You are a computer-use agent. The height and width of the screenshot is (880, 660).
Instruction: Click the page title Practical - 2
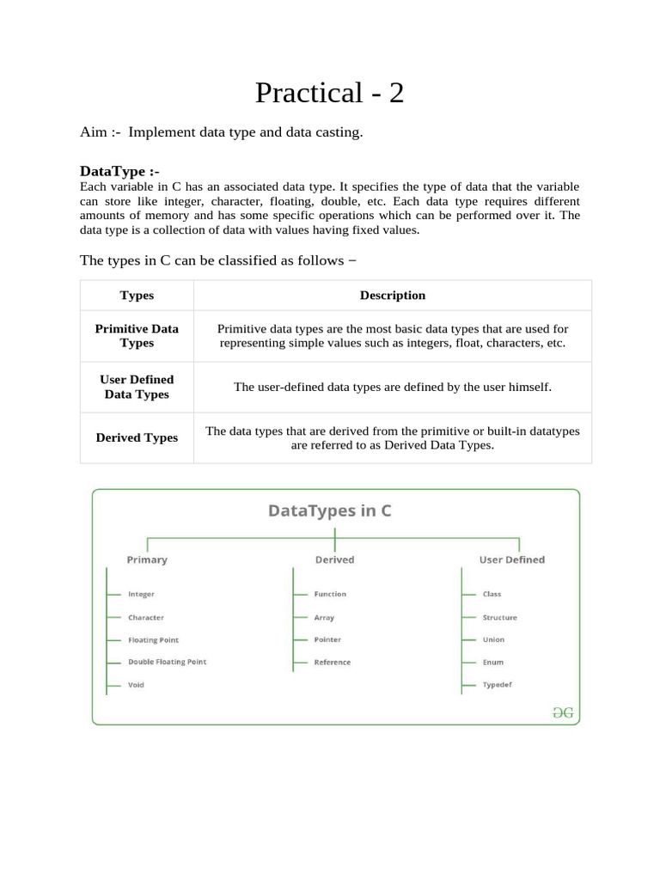coord(329,92)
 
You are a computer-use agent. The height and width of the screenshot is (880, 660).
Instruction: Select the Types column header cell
coord(137,296)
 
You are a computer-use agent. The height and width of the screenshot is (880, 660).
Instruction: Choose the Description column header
coord(392,296)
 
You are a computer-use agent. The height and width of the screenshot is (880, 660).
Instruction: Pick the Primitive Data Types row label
coord(137,336)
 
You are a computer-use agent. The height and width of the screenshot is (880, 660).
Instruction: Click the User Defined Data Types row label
coord(137,387)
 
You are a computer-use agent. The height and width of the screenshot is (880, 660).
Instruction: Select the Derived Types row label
coord(137,437)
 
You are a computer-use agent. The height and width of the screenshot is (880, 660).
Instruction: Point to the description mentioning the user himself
coord(392,388)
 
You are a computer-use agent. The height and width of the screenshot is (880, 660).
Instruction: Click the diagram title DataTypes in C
coord(330,510)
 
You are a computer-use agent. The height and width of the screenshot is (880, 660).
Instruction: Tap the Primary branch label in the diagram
coord(147,559)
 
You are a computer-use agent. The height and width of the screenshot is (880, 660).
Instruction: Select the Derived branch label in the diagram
coord(334,559)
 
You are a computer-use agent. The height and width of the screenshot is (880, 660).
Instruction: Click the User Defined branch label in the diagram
coord(511,559)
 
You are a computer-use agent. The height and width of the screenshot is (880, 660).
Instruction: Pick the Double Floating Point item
coord(167,662)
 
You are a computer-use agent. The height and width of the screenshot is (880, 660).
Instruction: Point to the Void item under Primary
coord(136,685)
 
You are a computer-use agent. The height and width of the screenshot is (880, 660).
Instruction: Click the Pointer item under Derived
coord(327,639)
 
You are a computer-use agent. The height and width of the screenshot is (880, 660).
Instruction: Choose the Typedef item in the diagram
coord(498,685)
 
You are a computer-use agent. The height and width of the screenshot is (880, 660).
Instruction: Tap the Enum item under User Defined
coord(492,663)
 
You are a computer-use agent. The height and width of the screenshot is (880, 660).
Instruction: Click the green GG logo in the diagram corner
coord(563,712)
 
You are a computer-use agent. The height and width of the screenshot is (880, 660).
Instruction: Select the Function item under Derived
coord(330,594)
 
